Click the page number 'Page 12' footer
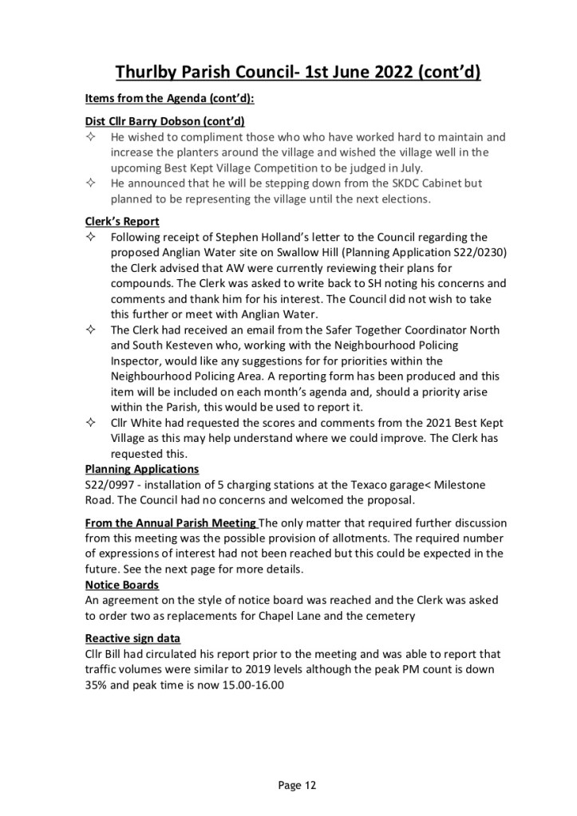pyautogui.click(x=298, y=786)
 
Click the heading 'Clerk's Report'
pyautogui.click(x=122, y=222)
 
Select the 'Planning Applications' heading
pyautogui.click(x=142, y=469)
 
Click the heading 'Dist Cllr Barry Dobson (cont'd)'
pyautogui.click(x=164, y=120)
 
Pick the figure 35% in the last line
pyautogui.click(x=97, y=684)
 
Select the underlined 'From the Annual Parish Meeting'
pyautogui.click(x=170, y=522)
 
